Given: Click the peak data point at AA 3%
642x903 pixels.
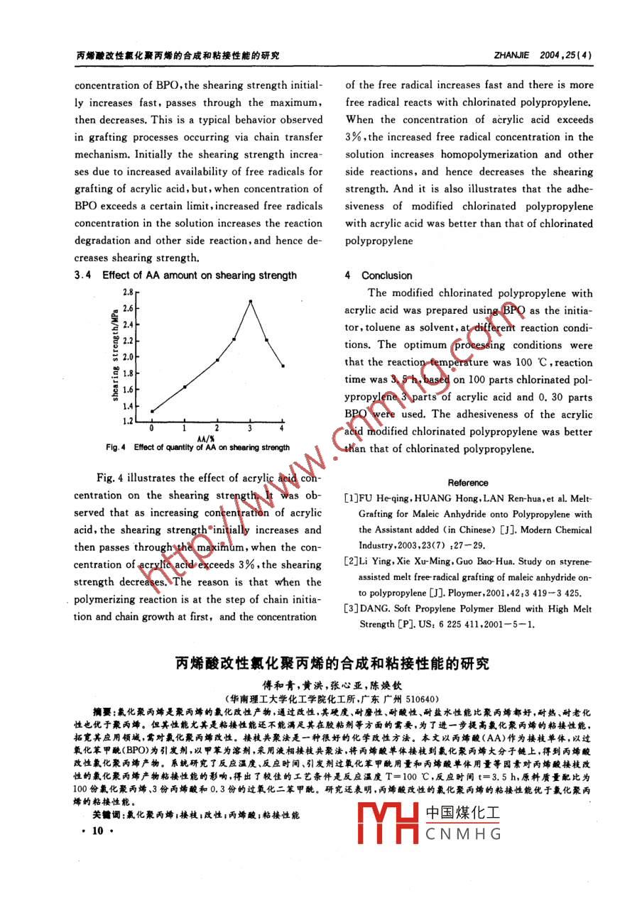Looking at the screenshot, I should tap(250, 302).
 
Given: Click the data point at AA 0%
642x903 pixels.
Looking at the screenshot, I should tap(152, 411).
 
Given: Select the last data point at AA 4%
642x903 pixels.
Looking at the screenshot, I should tap(283, 366).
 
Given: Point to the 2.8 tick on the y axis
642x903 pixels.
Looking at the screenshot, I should tap(127, 292).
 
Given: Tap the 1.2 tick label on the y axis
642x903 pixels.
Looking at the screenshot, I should tap(127, 422).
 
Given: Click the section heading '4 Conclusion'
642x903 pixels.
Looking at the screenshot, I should tap(379, 275).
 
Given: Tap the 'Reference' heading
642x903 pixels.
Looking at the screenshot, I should tap(468, 483).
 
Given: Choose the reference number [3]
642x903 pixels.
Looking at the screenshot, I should tap(352, 608).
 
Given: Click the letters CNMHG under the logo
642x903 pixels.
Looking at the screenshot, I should tap(464, 835).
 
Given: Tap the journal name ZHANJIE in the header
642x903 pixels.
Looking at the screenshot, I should tap(511, 54).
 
